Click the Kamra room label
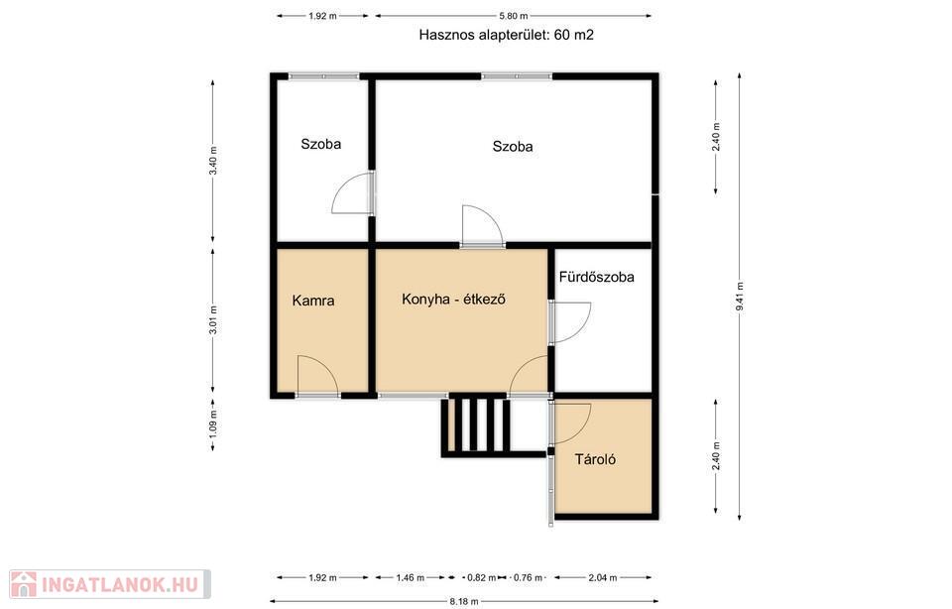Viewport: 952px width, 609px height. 312,301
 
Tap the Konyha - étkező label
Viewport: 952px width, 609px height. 453,300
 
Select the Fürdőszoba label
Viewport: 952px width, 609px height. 596,277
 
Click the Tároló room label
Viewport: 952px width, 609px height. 595,459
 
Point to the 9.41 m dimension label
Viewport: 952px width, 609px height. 740,297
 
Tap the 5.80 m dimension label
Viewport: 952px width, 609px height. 513,16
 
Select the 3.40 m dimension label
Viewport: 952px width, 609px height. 212,162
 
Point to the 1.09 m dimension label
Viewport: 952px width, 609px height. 212,424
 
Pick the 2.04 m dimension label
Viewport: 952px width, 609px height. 602,577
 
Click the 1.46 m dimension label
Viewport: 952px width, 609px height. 411,577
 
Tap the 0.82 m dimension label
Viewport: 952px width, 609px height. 482,577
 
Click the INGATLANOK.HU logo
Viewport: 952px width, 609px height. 110,584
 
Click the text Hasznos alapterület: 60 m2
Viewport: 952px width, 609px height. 507,35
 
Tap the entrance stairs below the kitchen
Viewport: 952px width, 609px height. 477,424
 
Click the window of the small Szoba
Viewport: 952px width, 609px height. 323,76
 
